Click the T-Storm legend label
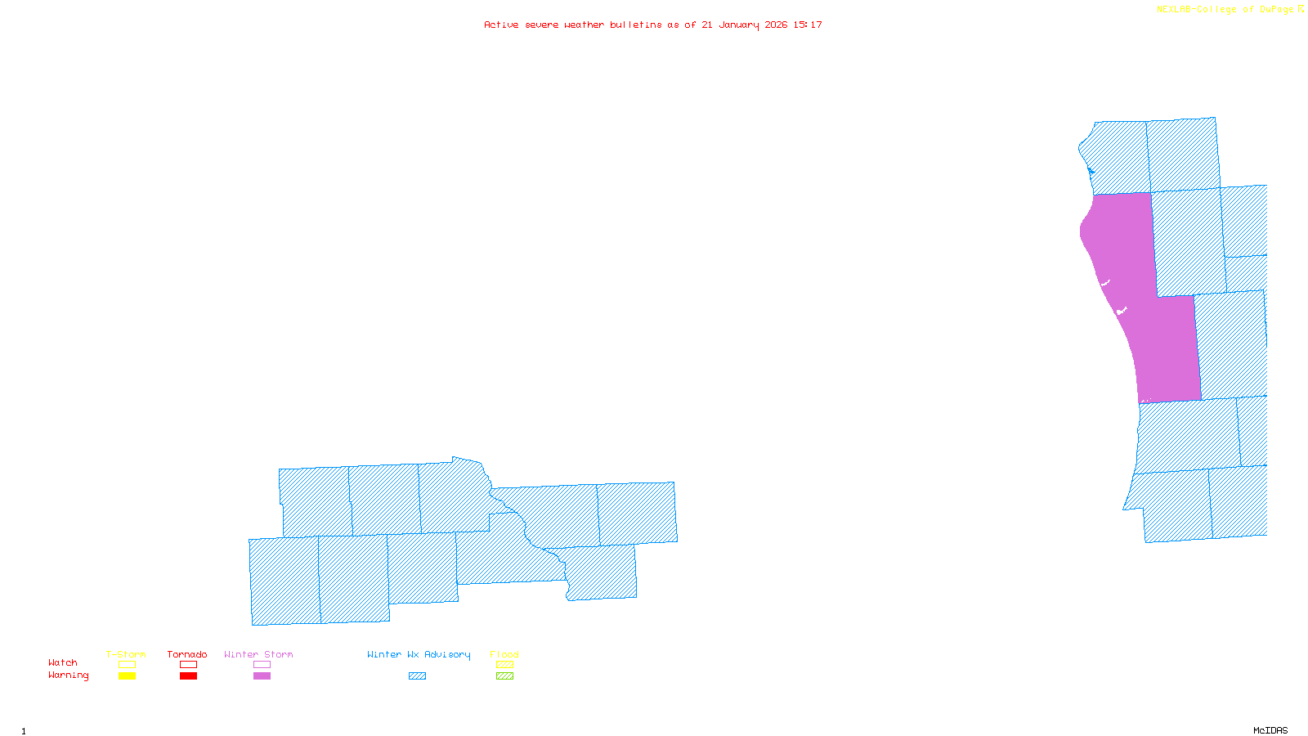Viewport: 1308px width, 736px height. pos(126,654)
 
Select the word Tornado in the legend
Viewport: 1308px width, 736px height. pos(187,654)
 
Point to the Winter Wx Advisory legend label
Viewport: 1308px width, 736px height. pos(419,654)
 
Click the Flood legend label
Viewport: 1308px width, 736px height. pos(504,654)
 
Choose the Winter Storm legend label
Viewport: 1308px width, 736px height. pos(258,654)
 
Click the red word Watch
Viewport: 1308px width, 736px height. pos(63,662)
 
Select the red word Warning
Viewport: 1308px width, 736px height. pos(69,675)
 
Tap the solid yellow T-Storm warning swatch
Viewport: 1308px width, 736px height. pos(127,676)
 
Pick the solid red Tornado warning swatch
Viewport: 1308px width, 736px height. pos(188,676)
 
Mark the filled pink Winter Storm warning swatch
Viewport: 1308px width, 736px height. pos(262,676)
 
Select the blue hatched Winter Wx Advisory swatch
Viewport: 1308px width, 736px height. pos(417,676)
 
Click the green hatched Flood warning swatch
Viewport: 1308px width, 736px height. pos(504,676)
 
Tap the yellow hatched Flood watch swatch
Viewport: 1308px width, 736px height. pos(504,665)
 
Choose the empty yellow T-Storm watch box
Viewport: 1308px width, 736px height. pos(127,665)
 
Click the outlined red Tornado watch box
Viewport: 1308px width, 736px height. pos(188,665)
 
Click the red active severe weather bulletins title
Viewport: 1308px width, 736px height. pos(653,25)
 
